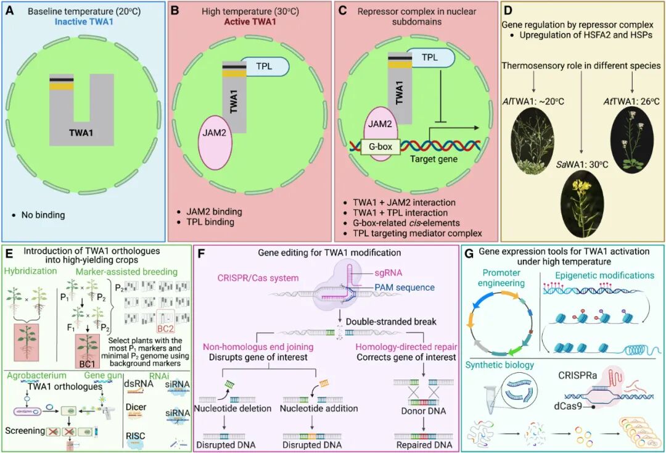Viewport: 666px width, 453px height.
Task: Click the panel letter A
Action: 10,10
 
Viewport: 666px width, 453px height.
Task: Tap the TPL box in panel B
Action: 264,65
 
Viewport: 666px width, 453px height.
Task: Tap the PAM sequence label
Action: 403,287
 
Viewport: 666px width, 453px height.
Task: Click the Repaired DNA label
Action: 423,444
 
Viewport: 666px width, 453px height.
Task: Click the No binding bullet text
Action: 41,215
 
